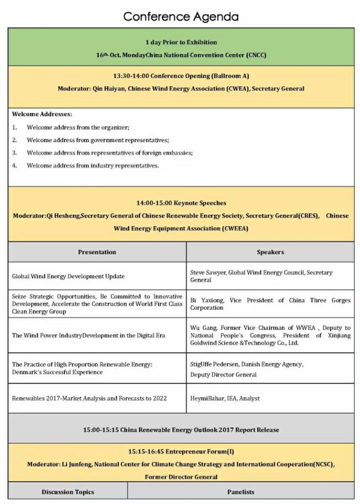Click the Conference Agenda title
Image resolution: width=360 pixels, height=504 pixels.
pos(181,17)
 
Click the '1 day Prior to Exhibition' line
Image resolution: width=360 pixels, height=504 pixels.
pos(181,42)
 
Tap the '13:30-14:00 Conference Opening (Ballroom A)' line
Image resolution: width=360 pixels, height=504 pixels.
pos(181,76)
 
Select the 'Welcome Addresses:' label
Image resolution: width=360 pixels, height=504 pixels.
pos(42,114)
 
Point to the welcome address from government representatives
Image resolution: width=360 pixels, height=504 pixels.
pos(98,140)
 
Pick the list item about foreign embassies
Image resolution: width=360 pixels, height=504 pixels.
pos(110,153)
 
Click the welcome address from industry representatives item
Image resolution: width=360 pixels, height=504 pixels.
pos(92,165)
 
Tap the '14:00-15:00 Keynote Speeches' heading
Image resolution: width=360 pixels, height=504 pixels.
pos(181,203)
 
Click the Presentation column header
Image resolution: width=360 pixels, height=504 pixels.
pos(97,252)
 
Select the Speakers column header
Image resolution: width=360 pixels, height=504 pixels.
pos(270,252)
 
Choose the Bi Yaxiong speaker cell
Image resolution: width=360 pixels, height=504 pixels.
pos(270,304)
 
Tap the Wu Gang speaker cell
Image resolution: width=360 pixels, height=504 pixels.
pos(270,335)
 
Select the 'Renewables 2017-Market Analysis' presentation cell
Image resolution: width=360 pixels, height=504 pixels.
pos(89,398)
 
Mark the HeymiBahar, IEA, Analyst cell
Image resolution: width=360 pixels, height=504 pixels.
pos(225,398)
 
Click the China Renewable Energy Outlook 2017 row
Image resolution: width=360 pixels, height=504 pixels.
pos(181,430)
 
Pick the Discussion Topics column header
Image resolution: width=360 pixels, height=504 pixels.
pos(68,492)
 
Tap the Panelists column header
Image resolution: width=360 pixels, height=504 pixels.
pos(241,492)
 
